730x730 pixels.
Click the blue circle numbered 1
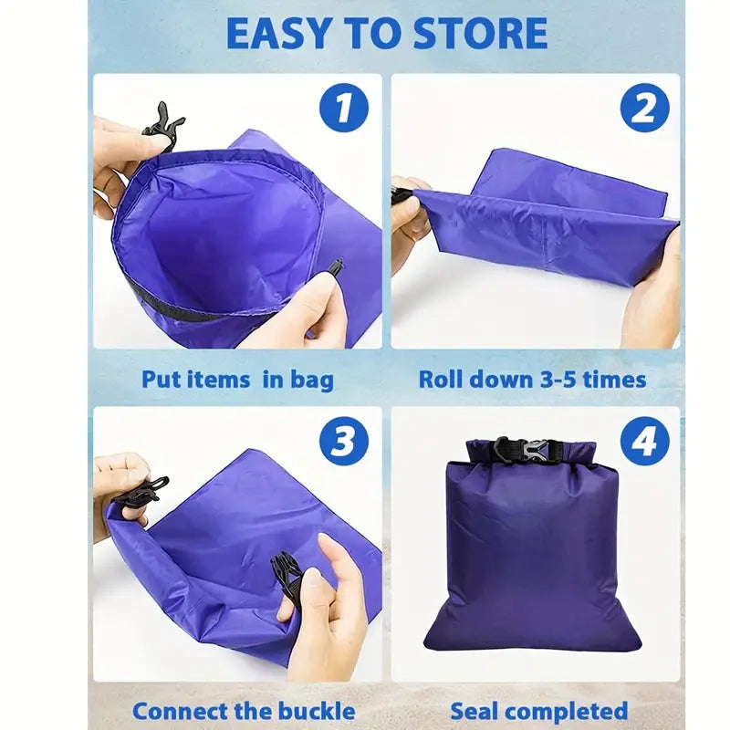344,108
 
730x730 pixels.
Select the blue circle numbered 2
645,108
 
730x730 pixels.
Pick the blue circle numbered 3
344,441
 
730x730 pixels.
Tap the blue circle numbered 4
645,441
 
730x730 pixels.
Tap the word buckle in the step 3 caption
317,711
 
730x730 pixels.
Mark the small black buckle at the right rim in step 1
336,268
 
